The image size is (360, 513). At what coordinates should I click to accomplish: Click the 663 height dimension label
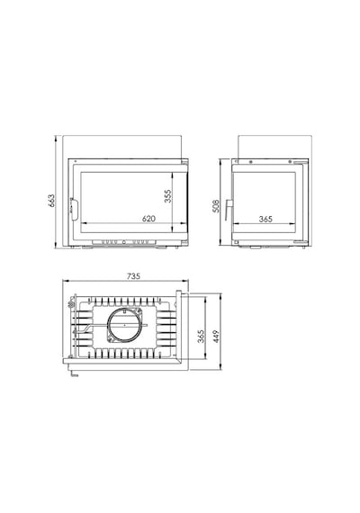pos(51,201)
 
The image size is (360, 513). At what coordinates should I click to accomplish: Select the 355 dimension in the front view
pos(168,196)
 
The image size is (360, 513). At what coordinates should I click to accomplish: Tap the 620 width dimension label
pos(148,218)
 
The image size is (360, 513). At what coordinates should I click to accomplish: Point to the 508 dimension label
pos(216,206)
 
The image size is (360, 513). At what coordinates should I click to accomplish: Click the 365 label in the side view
pos(265,219)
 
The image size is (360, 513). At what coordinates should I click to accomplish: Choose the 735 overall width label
pos(133,276)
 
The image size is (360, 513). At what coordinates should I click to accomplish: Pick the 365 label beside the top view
pos(201,337)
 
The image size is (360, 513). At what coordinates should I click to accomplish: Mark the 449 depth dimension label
pos(216,337)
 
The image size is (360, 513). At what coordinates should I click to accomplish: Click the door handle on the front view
pos(73,209)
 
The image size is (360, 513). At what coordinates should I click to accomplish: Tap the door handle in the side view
pos(228,209)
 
